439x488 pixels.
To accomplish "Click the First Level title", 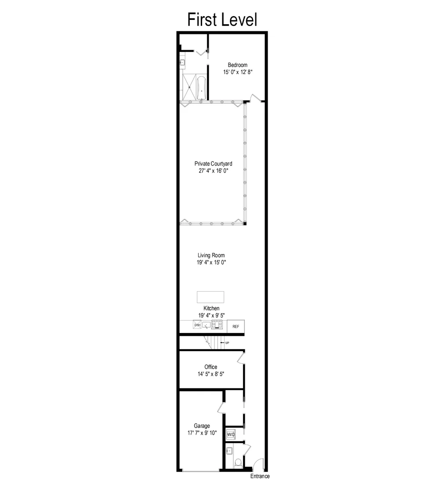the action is pyautogui.click(x=222, y=19).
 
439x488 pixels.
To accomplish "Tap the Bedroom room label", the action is pyautogui.click(x=237, y=65).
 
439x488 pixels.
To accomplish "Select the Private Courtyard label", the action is pyautogui.click(x=213, y=164).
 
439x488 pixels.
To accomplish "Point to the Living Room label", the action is pyautogui.click(x=211, y=255).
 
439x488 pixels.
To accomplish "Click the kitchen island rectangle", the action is pyautogui.click(x=210, y=297).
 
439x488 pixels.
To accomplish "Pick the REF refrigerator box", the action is pyautogui.click(x=236, y=326).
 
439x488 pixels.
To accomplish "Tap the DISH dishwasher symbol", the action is pyautogui.click(x=197, y=325).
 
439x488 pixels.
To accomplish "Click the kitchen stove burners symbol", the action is pyautogui.click(x=217, y=324).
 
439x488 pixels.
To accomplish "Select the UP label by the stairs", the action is pyautogui.click(x=227, y=343).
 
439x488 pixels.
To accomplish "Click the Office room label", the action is pyautogui.click(x=210, y=367).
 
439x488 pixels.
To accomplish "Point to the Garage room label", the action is pyautogui.click(x=202, y=426).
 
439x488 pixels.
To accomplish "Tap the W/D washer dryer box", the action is pyautogui.click(x=231, y=434).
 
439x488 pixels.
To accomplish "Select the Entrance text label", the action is pyautogui.click(x=260, y=476).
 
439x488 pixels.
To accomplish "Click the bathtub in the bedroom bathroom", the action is pyautogui.click(x=201, y=88).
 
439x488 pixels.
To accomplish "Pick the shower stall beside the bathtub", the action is pyautogui.click(x=188, y=88).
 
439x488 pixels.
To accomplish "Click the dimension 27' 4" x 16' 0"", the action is pyautogui.click(x=214, y=170).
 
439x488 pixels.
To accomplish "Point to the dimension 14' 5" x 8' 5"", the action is pyautogui.click(x=211, y=374).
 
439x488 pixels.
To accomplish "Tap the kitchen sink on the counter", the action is pyautogui.click(x=206, y=325).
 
